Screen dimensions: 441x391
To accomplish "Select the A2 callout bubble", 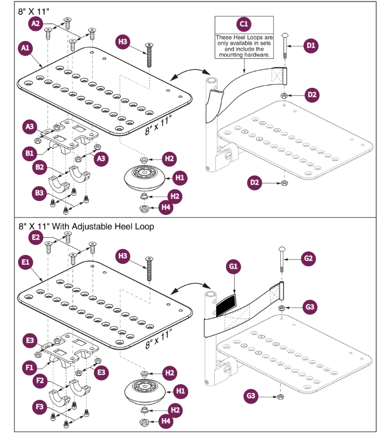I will (36, 22).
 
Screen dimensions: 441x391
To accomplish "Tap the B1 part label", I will (29, 153).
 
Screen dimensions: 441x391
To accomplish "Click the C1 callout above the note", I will (243, 24).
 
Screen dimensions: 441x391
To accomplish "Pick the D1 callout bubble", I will (311, 45).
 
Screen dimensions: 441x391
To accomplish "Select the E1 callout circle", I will (25, 262).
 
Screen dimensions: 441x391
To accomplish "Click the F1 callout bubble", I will (29, 367).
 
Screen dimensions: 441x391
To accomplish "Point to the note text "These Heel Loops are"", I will (243, 37).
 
